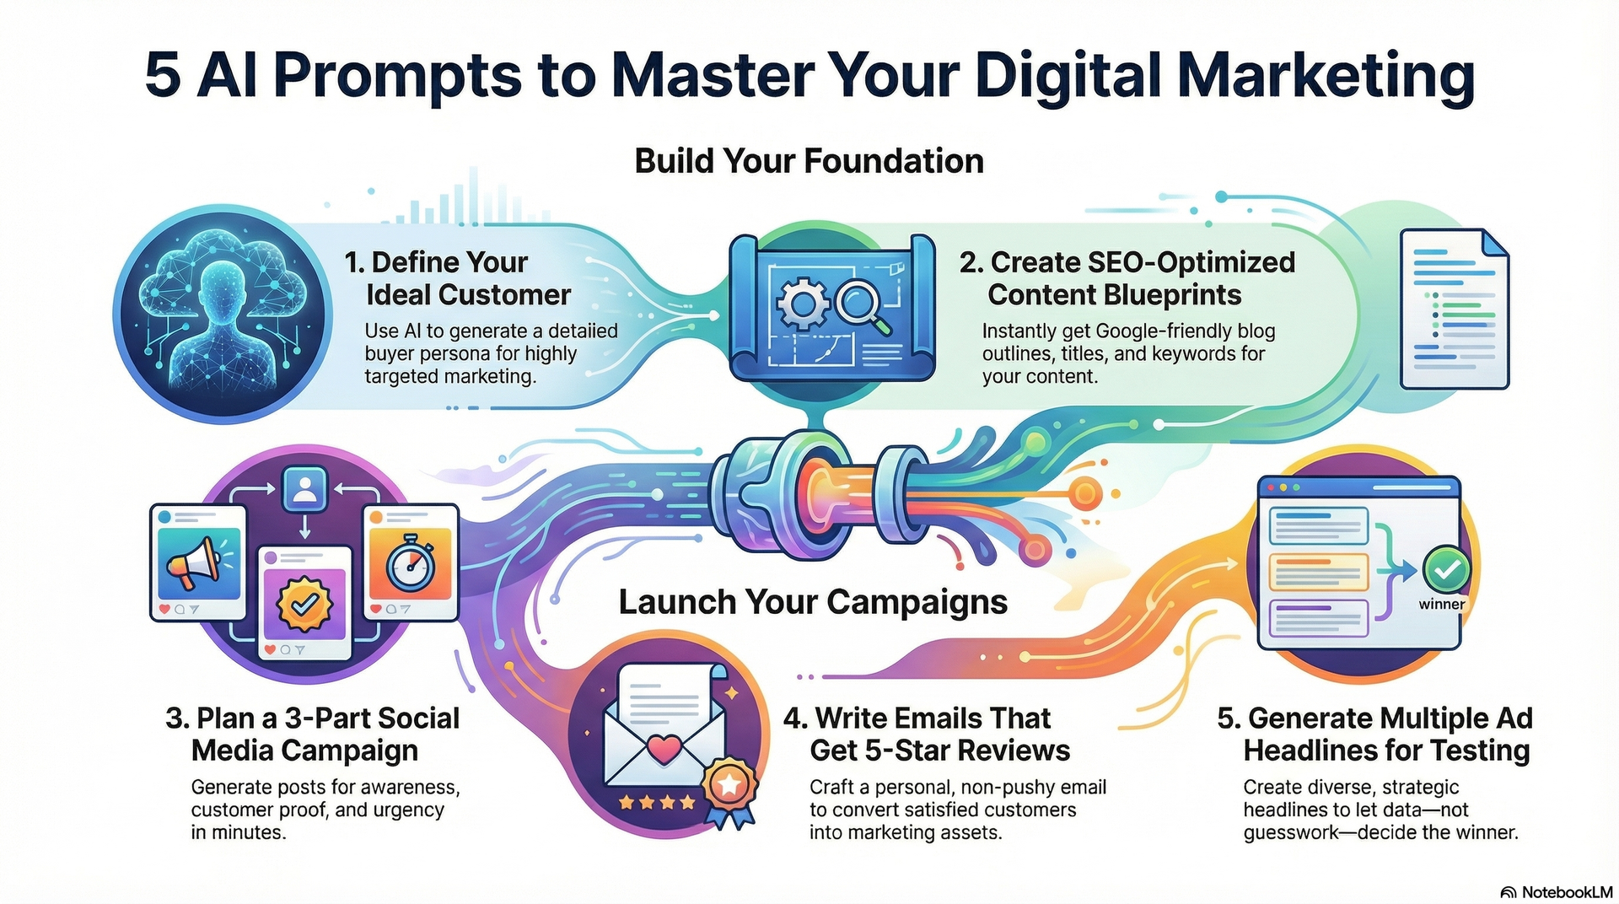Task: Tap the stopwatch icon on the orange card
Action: pyautogui.click(x=410, y=562)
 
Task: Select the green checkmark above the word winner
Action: pyautogui.click(x=1446, y=571)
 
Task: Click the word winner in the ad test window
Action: pyautogui.click(x=1441, y=605)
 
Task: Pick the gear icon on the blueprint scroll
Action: pyautogui.click(x=802, y=303)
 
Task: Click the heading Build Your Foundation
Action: pyautogui.click(x=809, y=161)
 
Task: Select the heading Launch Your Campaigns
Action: pyautogui.click(x=813, y=602)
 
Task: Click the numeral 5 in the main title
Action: pyautogui.click(x=163, y=76)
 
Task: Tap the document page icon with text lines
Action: pyautogui.click(x=1454, y=309)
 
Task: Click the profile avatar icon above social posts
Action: pyautogui.click(x=304, y=489)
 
